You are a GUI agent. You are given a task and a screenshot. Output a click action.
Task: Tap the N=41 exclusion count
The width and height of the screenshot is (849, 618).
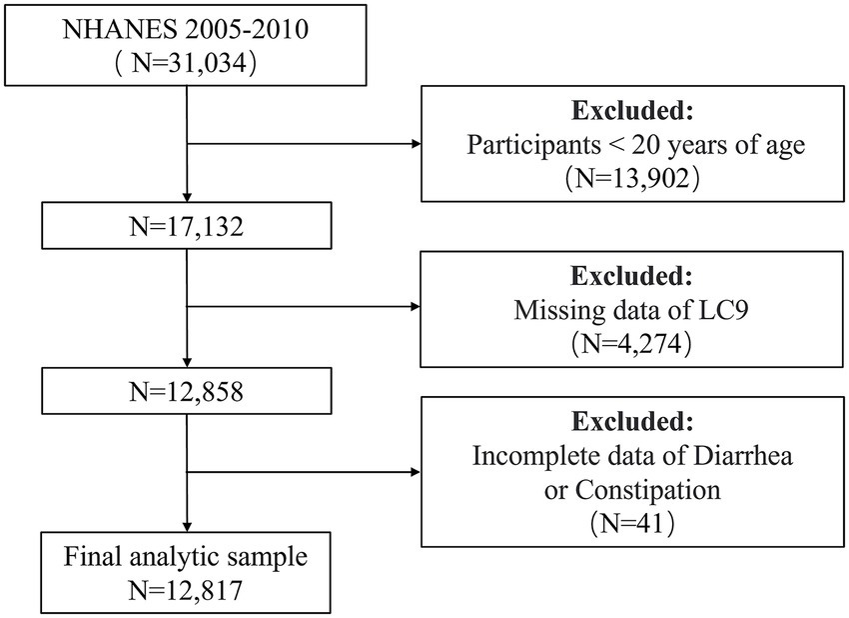[635, 524]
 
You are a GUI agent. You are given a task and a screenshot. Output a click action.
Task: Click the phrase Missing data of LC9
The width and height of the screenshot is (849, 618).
[635, 310]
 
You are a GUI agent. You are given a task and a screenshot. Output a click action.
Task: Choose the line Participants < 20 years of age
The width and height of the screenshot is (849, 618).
[635, 144]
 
